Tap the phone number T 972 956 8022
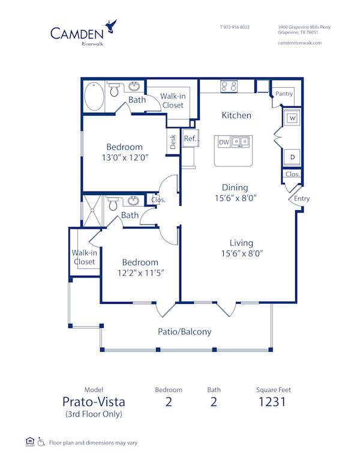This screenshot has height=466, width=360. [x=235, y=27]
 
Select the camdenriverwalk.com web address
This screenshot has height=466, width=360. [x=300, y=43]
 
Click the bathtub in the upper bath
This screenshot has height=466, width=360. [x=94, y=96]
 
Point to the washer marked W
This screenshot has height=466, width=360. [x=292, y=118]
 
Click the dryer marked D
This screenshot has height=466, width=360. [x=292, y=157]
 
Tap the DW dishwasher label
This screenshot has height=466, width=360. [x=223, y=142]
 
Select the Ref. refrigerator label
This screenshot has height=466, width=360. [x=190, y=138]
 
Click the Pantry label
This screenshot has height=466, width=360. [x=284, y=94]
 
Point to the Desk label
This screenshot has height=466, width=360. [x=173, y=142]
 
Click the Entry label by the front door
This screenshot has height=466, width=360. [x=302, y=199]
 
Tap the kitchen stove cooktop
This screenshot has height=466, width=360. [x=228, y=86]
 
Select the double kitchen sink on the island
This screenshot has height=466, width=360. [x=241, y=142]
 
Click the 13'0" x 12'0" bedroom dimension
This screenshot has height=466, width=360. [x=124, y=157]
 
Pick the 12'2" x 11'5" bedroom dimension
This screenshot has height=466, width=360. [x=140, y=273]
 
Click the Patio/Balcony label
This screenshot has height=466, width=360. [x=184, y=331]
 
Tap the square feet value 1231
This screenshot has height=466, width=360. [x=273, y=402]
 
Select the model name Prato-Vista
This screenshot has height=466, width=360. [x=94, y=402]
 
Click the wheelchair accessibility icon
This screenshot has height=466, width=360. [x=41, y=442]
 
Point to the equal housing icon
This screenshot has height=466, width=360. [x=29, y=442]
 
